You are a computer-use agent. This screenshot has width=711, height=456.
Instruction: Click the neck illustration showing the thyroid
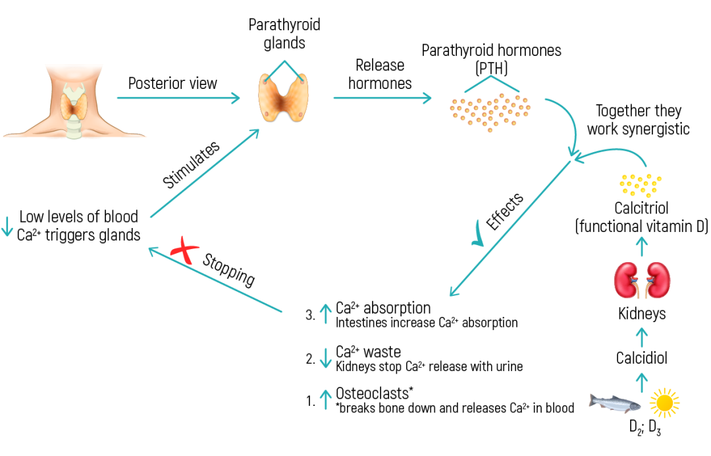pos(74,105)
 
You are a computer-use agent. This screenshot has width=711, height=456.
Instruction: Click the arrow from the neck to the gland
pos(178,98)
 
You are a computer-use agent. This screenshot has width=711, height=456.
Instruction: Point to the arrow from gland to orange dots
pos(382,98)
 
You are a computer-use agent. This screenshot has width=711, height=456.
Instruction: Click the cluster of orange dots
pos(490,111)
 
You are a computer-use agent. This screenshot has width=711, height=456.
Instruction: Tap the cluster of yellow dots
pos(641,185)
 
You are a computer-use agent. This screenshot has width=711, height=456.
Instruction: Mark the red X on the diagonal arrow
pos(184,251)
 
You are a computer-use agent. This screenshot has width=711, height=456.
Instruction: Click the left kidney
pos(627,280)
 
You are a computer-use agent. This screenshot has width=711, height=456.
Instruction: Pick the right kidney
pos(658,280)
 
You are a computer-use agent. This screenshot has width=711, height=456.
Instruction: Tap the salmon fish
pos(614,402)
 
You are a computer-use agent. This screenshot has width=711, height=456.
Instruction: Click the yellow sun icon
pos(664,403)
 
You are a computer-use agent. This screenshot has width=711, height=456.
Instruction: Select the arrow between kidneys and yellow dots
pos(643,246)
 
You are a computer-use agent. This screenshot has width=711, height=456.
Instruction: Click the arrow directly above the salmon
pos(643,382)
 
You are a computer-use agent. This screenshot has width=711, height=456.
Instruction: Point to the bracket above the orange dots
pos(492,83)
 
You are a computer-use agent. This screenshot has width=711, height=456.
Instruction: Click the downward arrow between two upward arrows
pos(325,358)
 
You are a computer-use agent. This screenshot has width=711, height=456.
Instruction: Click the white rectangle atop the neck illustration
pos(74,72)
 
